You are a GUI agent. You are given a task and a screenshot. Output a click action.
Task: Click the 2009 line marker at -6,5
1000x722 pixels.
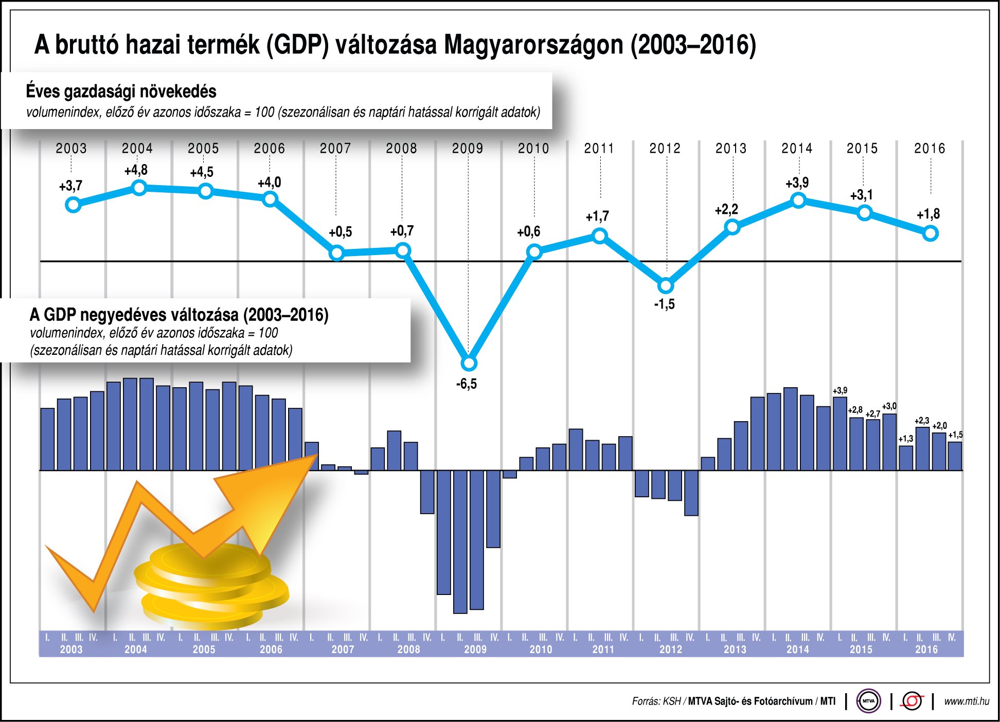pos(469,364)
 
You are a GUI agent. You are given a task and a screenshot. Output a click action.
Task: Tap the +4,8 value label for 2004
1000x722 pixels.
pos(136,170)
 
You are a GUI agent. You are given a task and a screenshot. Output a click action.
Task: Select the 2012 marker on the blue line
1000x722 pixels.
pos(666,285)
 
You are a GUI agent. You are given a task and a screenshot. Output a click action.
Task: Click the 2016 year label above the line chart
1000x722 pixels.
pos(930,149)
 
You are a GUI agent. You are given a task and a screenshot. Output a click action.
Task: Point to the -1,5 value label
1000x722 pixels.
pos(664,304)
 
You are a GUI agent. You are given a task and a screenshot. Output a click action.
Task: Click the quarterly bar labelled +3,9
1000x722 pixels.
pos(840,433)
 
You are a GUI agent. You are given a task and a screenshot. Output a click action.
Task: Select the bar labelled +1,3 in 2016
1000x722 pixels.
pos(906,458)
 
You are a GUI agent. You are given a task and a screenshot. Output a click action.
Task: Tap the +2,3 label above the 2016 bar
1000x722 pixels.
pos(922,421)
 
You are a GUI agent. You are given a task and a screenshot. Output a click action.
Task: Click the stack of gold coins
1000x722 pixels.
pos(211,586)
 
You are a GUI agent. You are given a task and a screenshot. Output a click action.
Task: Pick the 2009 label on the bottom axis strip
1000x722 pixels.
pos(475,649)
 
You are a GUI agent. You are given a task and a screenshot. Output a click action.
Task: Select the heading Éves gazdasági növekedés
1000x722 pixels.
pos(121,92)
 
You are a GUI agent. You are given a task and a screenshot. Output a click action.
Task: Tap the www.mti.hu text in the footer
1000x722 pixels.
pos(966,701)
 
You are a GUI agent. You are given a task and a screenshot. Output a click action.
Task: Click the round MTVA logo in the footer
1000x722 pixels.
pos(868,701)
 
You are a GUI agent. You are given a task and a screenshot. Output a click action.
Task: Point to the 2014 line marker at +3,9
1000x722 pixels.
pos(798,201)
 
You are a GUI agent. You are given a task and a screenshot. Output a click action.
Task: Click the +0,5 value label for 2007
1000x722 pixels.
pos(340,232)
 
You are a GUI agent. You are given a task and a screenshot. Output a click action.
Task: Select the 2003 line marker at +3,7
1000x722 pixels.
pos(73,205)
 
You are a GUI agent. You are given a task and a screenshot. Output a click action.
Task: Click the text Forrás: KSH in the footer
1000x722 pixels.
pos(656,701)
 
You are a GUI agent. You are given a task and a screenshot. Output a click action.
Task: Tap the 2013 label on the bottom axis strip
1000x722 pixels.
pos(735,649)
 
